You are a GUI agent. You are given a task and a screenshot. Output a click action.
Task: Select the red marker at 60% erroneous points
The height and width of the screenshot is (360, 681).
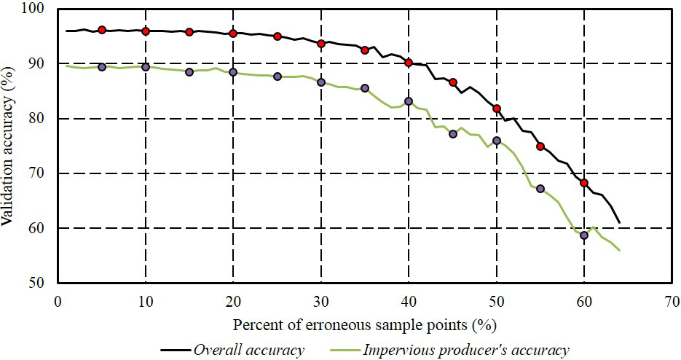point(584,183)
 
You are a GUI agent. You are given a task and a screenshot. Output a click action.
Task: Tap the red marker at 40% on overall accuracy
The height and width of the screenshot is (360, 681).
point(409,63)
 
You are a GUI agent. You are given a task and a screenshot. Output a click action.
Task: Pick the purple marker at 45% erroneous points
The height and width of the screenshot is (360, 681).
point(453,134)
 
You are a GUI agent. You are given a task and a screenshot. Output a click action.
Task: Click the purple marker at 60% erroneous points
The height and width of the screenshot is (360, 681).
point(584,235)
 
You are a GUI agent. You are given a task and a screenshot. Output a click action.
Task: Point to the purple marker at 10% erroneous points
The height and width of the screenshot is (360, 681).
point(146,67)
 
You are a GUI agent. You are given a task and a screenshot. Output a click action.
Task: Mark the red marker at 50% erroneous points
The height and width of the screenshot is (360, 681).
point(497,109)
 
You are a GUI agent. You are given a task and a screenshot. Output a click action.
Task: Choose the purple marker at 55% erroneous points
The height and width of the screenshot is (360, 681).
point(540,189)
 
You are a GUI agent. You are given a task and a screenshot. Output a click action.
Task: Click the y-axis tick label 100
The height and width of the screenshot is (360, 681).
point(33,9)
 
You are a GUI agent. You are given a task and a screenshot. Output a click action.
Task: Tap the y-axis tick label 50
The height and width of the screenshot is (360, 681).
point(36,283)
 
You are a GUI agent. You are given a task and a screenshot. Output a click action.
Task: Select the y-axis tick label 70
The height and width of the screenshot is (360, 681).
point(36,173)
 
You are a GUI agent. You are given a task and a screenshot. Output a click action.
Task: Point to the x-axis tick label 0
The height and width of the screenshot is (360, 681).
point(58,300)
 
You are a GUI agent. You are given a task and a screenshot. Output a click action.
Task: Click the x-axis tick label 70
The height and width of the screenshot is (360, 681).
point(672,300)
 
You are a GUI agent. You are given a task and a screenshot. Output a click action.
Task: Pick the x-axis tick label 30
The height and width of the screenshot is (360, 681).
point(320,300)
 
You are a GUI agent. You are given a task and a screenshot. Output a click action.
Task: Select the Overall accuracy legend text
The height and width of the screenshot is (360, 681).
point(248,350)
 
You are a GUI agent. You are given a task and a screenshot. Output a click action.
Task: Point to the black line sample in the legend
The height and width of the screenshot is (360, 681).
point(170,351)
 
